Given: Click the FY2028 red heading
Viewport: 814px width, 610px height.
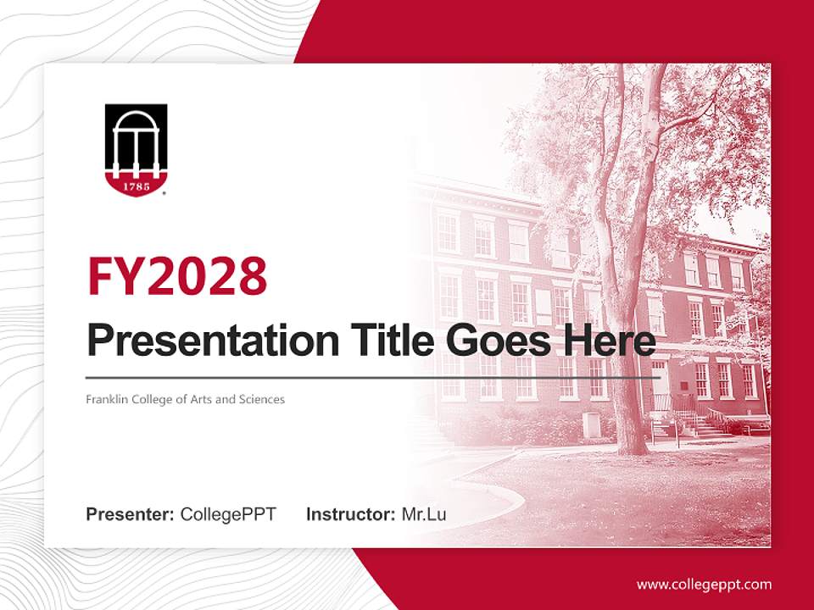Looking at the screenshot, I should point(177,277).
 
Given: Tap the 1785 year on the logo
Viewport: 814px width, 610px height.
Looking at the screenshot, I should point(136,184).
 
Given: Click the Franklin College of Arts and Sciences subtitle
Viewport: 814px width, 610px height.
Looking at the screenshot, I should point(185,399).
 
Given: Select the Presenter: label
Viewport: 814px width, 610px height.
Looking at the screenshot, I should point(130,514).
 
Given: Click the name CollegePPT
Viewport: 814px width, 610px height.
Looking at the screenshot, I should point(228,514).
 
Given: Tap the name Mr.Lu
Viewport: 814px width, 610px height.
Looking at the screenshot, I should point(424,514).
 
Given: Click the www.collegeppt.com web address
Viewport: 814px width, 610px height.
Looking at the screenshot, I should point(704,584).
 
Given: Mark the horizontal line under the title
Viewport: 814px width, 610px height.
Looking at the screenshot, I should point(373,377).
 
